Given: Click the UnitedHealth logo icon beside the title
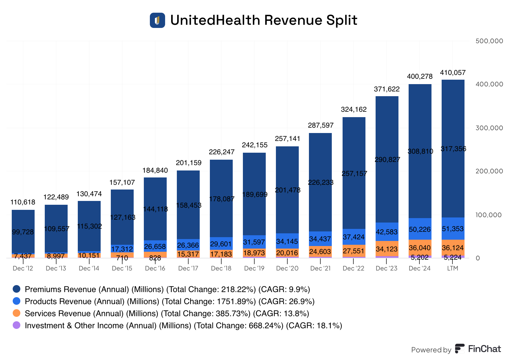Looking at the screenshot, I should point(157,20).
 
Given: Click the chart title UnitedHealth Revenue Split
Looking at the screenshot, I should point(264,20).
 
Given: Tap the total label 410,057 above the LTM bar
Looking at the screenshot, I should point(453,73).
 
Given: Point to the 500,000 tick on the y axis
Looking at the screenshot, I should point(489,41).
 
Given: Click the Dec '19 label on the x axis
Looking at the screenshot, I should point(254,268).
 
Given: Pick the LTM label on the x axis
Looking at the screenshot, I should point(453,268).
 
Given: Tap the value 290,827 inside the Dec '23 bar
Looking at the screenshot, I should point(387,159).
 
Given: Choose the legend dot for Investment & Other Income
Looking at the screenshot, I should point(17,325).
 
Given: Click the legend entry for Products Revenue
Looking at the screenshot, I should point(170,301).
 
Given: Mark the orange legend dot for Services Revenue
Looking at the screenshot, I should point(17,313).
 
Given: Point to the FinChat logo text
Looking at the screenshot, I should point(485,349).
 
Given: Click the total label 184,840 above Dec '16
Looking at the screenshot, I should point(155,170).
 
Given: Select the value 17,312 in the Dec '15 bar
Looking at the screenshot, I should point(122,249).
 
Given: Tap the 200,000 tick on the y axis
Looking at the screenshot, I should point(489,171).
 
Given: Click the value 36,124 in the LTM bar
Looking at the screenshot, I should point(453,248).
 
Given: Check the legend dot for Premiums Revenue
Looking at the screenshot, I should point(17,289).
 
